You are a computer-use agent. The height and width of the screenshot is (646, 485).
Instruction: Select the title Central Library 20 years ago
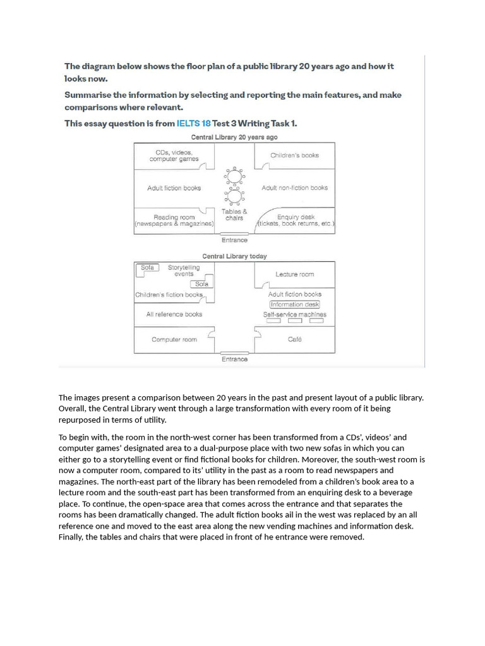(x=234, y=137)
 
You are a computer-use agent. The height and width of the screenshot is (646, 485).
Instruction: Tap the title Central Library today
(x=234, y=256)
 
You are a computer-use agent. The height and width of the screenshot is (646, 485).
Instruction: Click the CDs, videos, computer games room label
(x=174, y=156)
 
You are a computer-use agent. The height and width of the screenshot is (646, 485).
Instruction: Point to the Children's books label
(x=294, y=155)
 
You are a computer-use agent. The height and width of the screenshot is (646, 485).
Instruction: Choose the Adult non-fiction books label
(x=294, y=188)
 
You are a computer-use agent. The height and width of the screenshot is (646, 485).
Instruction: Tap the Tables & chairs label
(x=234, y=214)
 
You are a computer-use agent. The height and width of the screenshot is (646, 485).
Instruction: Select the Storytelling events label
(x=184, y=271)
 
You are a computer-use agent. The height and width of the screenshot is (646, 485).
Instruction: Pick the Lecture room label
(x=294, y=274)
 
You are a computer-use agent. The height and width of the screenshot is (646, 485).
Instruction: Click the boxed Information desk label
(x=294, y=305)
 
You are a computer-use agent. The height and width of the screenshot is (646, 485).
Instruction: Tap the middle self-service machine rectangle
(x=294, y=321)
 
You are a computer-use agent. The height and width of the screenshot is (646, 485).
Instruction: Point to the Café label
(x=294, y=339)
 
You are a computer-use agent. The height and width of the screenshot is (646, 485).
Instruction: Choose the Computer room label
(x=174, y=339)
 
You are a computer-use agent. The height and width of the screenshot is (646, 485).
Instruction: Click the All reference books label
(x=174, y=314)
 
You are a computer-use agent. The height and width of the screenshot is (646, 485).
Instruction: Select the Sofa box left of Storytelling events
(x=147, y=268)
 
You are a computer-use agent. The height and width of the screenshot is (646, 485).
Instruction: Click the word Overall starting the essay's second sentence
(x=73, y=408)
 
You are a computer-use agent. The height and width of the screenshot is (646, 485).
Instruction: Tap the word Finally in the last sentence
(x=73, y=537)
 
